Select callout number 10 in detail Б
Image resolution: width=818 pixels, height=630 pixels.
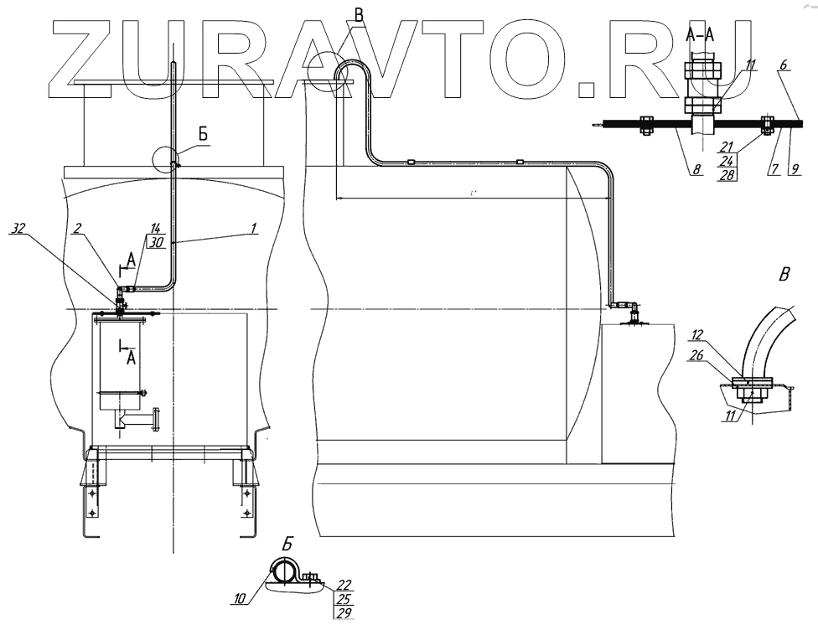(240, 599)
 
